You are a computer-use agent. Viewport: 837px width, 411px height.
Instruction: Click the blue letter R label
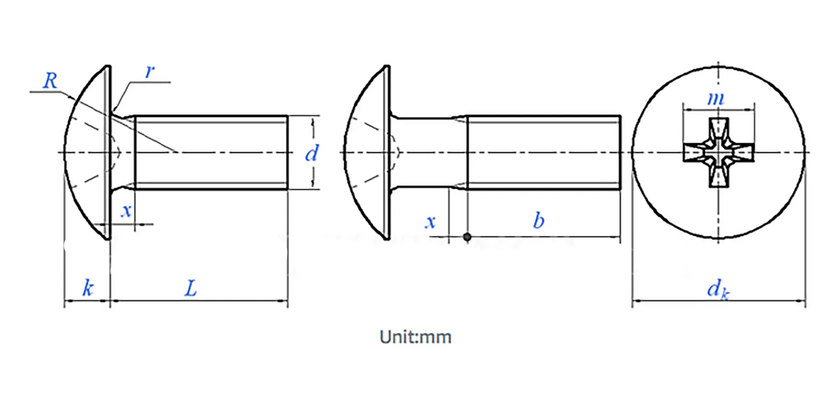[51, 81]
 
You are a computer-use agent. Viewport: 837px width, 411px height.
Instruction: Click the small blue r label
[150, 71]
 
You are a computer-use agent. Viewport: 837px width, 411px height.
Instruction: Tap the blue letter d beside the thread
[311, 153]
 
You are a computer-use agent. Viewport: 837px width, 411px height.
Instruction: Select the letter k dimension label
[88, 288]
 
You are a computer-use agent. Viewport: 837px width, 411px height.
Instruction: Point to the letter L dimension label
[191, 289]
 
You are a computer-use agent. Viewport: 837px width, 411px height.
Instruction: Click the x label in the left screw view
[126, 211]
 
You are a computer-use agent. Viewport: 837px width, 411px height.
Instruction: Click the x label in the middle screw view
[430, 222]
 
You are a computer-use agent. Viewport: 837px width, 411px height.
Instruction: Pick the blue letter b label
[538, 221]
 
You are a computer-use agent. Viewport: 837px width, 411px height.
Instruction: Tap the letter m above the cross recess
[715, 99]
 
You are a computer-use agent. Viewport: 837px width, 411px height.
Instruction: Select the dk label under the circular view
[718, 289]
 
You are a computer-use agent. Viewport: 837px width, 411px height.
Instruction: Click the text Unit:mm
[415, 337]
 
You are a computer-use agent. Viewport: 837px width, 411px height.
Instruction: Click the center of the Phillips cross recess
[718, 153]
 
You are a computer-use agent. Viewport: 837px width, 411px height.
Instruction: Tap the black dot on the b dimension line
[467, 237]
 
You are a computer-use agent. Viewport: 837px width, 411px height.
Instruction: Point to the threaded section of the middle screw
[544, 153]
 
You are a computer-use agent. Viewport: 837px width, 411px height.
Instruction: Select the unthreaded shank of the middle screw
[429, 153]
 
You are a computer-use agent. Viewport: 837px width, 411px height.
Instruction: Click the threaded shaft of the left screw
[211, 153]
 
